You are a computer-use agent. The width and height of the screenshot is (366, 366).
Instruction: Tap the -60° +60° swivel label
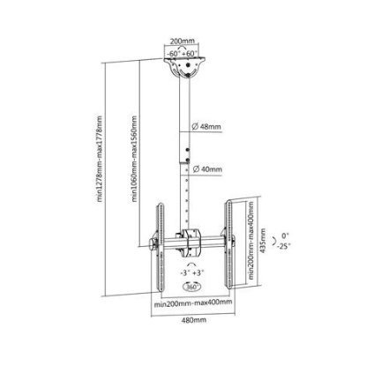(x=182, y=54)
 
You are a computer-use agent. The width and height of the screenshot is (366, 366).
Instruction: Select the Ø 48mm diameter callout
(x=206, y=127)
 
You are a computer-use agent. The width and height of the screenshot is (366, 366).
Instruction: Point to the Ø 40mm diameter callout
(x=207, y=169)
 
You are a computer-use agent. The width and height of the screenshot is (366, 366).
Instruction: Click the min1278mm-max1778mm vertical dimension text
(x=100, y=159)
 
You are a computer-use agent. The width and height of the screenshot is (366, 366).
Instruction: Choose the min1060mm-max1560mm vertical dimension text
(x=134, y=159)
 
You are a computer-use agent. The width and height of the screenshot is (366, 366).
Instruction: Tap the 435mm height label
(x=263, y=241)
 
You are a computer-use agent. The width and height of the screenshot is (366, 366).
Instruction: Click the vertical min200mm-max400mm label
(x=250, y=241)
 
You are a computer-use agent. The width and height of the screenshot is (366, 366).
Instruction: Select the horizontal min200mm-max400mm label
(x=193, y=303)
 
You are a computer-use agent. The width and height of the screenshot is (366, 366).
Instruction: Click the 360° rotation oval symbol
(x=191, y=287)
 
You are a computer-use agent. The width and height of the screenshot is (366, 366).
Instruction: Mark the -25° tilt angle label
(x=284, y=246)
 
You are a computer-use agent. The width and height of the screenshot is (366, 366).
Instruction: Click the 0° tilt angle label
(x=285, y=235)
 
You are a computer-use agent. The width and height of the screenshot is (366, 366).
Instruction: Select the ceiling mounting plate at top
(x=185, y=67)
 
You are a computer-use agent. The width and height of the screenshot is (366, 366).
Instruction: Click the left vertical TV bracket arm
(x=161, y=247)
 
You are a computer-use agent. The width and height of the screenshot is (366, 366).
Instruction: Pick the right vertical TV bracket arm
(x=229, y=244)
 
